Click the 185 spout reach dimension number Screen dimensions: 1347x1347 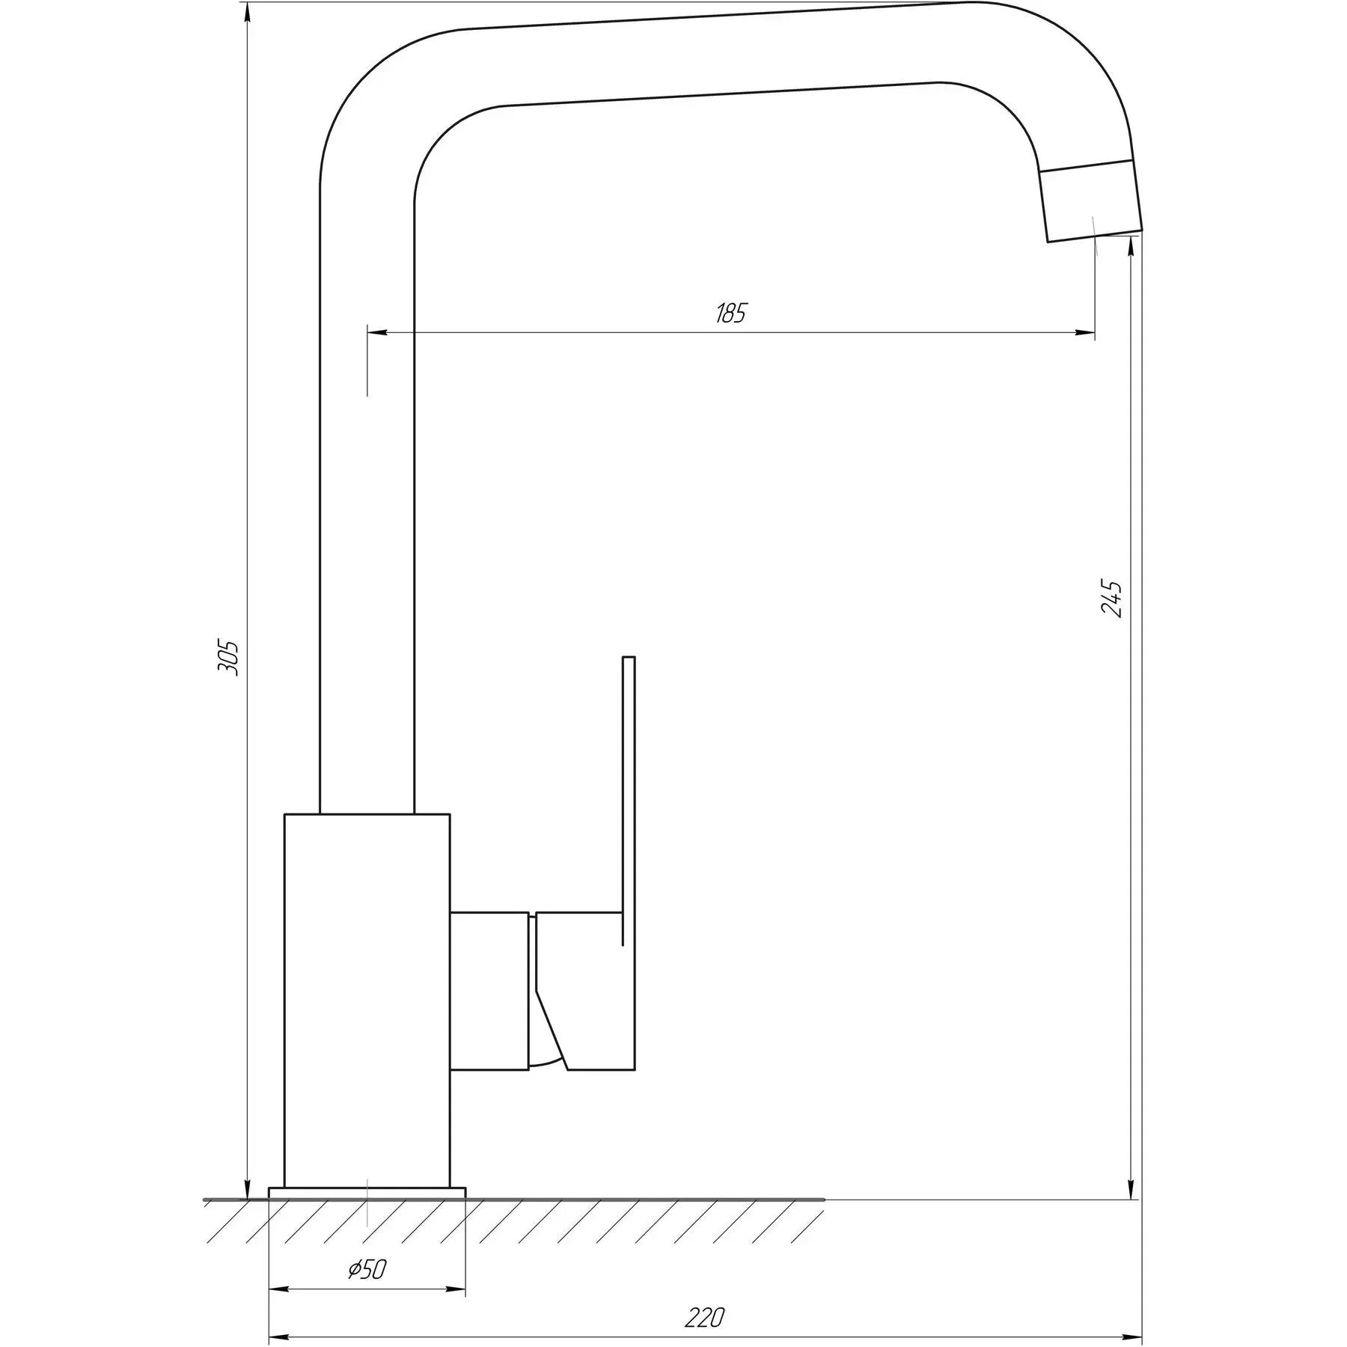(731, 313)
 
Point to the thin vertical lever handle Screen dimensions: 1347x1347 (629, 786)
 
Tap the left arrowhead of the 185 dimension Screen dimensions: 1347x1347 (376, 332)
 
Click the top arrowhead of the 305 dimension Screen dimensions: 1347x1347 (248, 13)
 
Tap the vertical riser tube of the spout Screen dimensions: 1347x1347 (367, 524)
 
